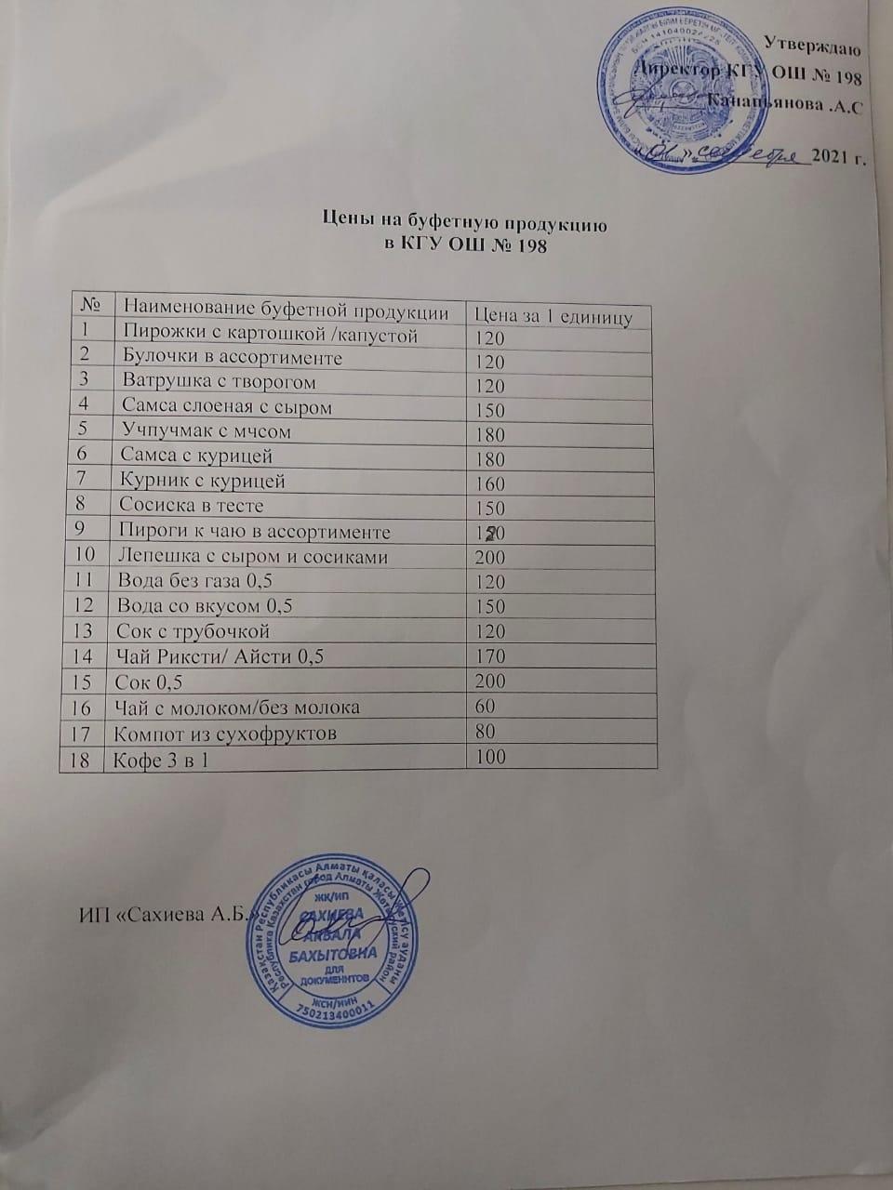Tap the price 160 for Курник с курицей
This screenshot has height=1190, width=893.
point(489,483)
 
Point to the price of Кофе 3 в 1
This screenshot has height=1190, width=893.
point(489,757)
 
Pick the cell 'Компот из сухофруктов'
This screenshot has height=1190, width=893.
point(224,734)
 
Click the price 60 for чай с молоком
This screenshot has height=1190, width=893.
point(485,707)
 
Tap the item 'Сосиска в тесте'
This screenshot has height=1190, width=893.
point(192,506)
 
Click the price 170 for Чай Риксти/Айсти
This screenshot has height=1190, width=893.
point(489,656)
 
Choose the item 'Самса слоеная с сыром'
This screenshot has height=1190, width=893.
point(227,407)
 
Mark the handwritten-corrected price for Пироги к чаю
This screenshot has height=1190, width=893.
point(489,533)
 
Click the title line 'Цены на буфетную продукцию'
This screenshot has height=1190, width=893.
point(464,222)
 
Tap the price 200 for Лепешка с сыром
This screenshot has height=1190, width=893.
point(489,558)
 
